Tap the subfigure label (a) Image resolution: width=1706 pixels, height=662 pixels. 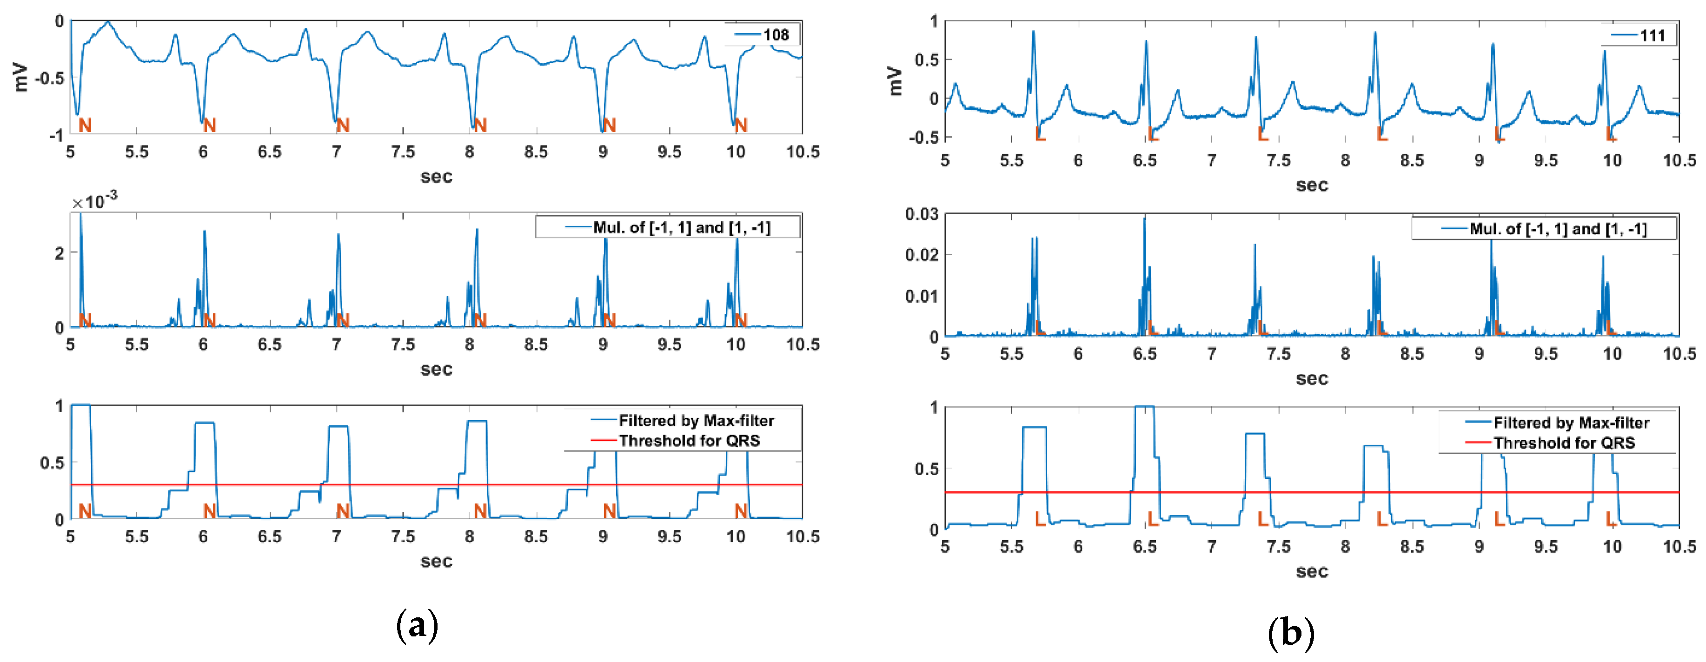click(417, 626)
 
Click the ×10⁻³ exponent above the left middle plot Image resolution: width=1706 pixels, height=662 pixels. click(95, 200)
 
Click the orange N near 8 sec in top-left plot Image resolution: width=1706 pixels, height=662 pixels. click(480, 125)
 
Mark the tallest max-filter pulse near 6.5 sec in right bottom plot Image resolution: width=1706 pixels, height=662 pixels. click(1144, 407)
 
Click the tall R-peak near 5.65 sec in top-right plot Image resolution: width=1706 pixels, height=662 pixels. click(1033, 32)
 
